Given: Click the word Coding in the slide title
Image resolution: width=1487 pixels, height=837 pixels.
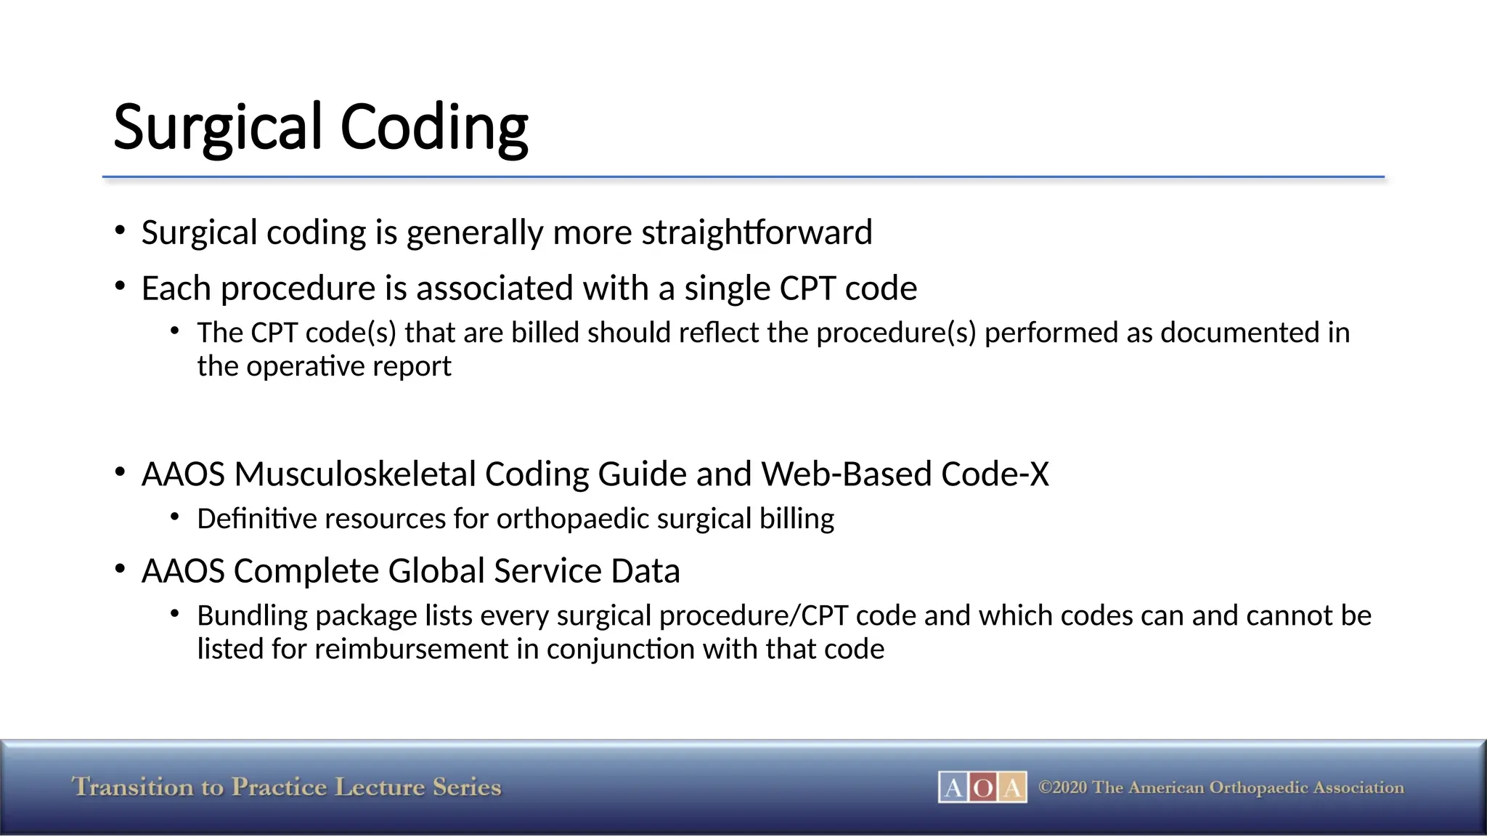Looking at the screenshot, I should pos(433,128).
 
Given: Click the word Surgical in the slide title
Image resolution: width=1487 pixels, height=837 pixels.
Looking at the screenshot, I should pos(217,128).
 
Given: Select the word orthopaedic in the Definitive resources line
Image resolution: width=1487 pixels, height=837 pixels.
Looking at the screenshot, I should pos(573,519).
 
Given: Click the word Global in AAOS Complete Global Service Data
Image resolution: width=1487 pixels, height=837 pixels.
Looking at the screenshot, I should pos(439,571).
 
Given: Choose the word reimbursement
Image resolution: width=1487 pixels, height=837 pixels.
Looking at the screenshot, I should pos(411,649).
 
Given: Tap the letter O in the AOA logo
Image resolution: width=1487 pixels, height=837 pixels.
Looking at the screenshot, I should pos(982,788).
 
